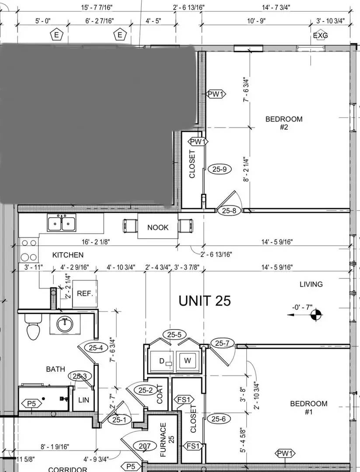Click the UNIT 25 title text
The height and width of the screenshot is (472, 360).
click(205, 301)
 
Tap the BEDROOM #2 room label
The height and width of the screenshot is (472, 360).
click(284, 123)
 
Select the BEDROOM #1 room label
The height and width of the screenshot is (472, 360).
click(308, 408)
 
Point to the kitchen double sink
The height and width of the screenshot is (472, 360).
click(61, 222)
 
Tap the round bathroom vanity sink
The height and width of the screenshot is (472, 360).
click(64, 324)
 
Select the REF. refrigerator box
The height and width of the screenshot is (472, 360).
click(85, 294)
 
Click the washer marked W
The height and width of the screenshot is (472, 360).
click(188, 360)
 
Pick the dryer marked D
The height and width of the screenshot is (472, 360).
click(162, 361)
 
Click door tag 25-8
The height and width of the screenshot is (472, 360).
click(229, 211)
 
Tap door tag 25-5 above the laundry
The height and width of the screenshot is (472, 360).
click(175, 334)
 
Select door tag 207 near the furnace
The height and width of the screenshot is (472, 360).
click(145, 446)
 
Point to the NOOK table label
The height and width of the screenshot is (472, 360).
click(158, 228)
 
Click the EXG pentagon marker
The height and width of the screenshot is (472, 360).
click(320, 35)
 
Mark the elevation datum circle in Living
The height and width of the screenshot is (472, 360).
click(315, 315)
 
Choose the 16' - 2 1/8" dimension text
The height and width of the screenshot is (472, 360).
click(96, 242)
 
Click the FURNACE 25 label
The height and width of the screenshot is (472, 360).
click(167, 440)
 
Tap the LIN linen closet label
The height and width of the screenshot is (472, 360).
click(84, 400)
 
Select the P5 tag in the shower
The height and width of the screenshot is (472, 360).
click(31, 404)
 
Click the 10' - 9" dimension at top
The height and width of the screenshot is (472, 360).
click(256, 21)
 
